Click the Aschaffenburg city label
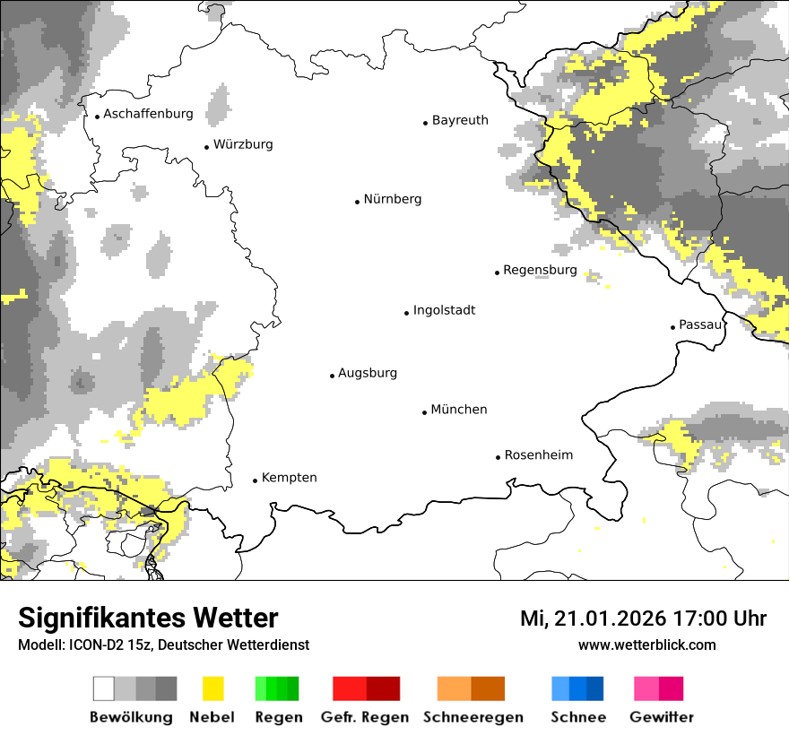point(148,114)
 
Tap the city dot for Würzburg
point(206,146)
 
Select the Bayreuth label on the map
point(460,120)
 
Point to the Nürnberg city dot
point(357,202)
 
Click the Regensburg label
point(540,270)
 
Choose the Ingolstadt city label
point(444,310)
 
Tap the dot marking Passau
point(672,327)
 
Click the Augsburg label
point(368,373)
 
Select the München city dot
point(424,412)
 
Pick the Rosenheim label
point(539,455)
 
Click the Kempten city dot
point(255,480)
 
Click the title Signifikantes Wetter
point(148,619)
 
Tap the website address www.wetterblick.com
point(646,645)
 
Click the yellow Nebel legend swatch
point(212,688)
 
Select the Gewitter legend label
point(661,717)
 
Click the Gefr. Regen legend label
point(365,717)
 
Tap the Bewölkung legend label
point(131,717)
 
